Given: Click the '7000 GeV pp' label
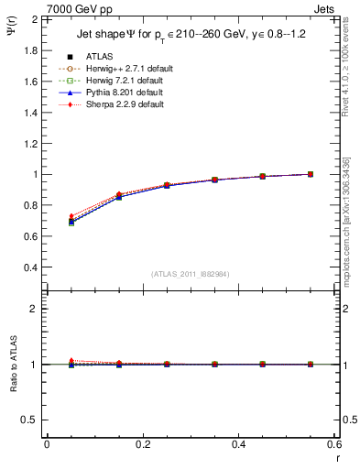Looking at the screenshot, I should point(76,8).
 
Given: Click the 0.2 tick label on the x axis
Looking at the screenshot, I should point(142,444).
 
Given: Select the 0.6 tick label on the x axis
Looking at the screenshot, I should point(333,444).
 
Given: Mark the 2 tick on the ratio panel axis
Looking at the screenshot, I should point(34,309).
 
